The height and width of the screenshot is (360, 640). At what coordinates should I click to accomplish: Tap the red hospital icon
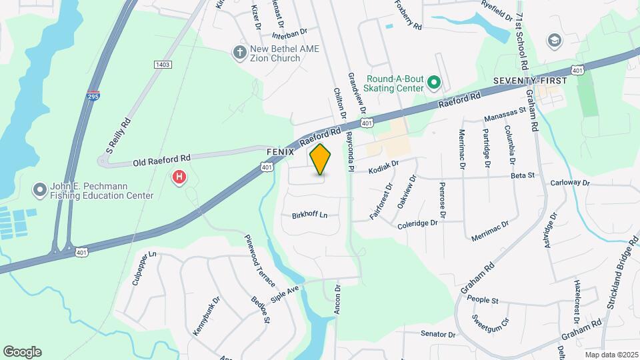click(x=179, y=177)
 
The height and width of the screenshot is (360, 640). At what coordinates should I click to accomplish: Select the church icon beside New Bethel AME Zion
click(x=239, y=51)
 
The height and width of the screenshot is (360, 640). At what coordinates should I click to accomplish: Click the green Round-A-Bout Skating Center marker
click(x=434, y=83)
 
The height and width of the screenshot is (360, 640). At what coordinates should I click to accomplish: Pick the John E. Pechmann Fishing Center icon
click(x=40, y=190)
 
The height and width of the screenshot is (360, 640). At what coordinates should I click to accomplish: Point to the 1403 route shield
click(x=162, y=64)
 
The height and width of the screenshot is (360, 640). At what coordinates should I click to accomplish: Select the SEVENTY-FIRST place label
click(x=530, y=81)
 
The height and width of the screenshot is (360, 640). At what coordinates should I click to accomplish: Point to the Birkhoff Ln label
click(x=310, y=215)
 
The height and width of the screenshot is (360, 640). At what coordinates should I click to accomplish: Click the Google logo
click(x=22, y=352)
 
